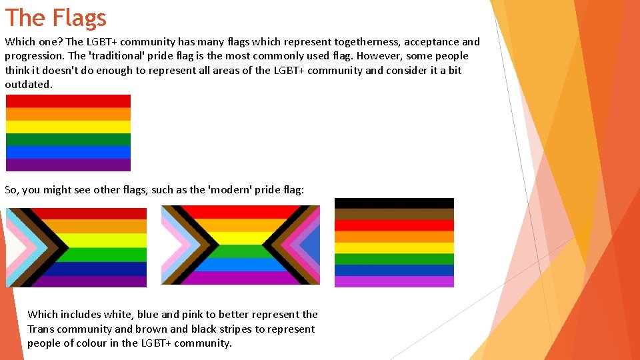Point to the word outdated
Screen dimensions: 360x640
pos(28,85)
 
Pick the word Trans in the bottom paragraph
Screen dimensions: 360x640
pos(42,329)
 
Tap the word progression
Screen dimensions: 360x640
pos(34,56)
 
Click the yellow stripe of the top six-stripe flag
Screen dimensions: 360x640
pos(68,127)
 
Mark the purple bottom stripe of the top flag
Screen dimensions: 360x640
pos(68,165)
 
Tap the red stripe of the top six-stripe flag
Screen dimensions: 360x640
pos(68,101)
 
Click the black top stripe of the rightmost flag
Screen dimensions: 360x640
pos(394,203)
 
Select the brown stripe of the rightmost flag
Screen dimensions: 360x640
pos(394,214)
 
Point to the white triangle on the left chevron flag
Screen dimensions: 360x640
pos(13,247)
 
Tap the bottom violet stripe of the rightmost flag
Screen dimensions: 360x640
pos(394,281)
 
